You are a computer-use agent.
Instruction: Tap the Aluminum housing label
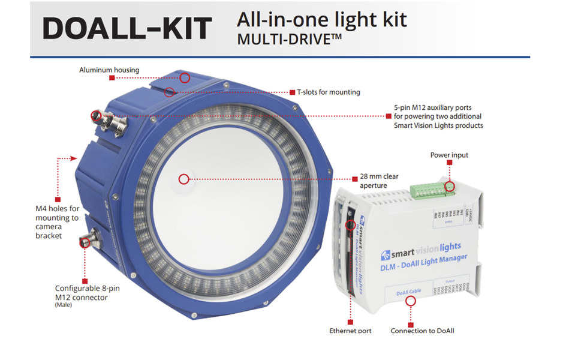click(x=109, y=70)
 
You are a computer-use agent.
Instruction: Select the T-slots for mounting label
click(x=329, y=92)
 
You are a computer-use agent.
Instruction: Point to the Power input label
click(x=449, y=155)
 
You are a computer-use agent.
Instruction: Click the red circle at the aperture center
click(x=184, y=178)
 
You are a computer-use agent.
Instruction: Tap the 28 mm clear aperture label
click(x=379, y=181)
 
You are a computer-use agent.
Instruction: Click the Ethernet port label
click(x=350, y=331)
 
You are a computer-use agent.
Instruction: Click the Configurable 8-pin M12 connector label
click(x=87, y=293)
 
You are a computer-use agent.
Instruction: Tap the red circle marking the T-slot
click(x=170, y=92)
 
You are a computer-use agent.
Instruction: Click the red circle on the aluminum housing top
click(x=185, y=77)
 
